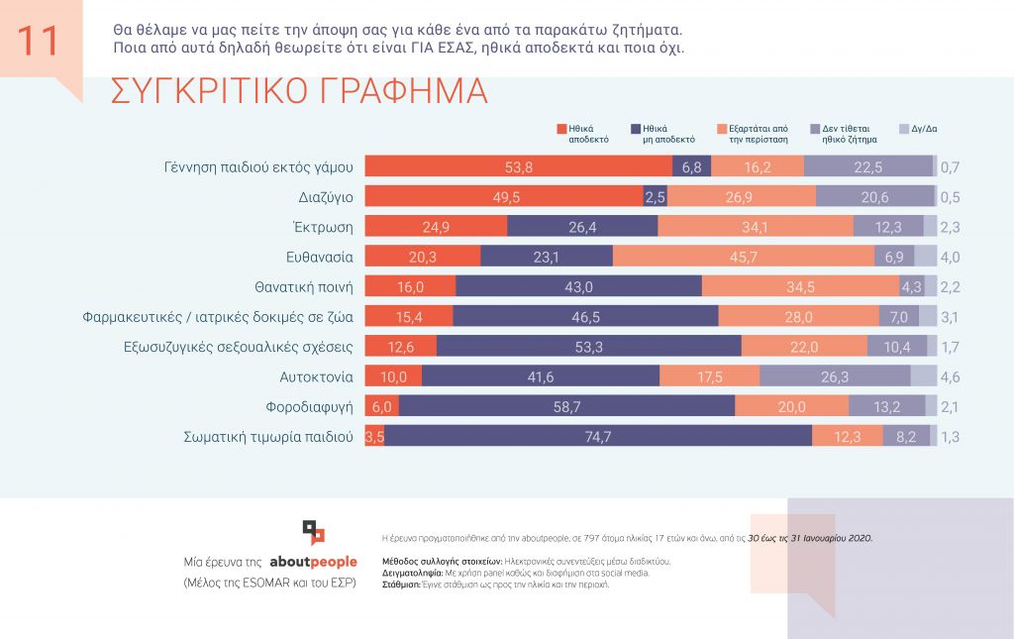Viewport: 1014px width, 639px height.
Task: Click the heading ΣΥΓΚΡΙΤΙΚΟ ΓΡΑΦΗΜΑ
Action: (x=299, y=90)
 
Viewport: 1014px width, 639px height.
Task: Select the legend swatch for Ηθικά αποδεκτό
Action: (x=561, y=129)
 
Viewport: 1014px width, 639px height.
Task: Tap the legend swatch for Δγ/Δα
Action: (x=903, y=129)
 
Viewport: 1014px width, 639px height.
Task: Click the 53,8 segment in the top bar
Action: (x=519, y=167)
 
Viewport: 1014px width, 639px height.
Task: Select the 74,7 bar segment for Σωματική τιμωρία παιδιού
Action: (x=598, y=436)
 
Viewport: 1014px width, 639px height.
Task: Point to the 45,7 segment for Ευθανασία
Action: (x=744, y=257)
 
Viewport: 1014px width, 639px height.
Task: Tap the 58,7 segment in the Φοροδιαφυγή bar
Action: (x=566, y=406)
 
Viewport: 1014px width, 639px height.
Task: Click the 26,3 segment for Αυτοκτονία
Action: (x=835, y=376)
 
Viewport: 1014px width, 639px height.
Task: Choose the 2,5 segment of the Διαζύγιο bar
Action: (x=655, y=197)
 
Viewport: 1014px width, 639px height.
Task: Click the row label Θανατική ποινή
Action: (x=304, y=287)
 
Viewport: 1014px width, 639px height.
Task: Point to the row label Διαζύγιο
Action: (x=326, y=197)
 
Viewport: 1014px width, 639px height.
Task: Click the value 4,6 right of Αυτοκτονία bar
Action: (x=950, y=376)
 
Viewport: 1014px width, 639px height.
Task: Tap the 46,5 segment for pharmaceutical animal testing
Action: (x=585, y=317)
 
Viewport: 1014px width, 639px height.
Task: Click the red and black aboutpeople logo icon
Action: (x=313, y=532)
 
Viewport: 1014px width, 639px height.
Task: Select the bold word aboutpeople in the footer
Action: (x=313, y=562)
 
